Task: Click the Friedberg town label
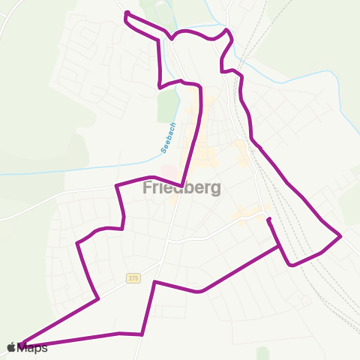point(181,188)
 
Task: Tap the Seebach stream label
point(169,138)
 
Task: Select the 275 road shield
point(133,277)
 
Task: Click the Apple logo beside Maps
point(12,347)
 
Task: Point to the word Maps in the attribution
point(33,347)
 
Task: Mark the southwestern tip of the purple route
point(21,345)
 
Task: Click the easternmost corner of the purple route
point(341,236)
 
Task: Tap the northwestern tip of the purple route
point(125,13)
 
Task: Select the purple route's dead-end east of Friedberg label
point(268,219)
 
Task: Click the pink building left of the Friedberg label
point(169,172)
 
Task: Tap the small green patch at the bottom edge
point(262,353)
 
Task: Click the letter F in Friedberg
point(148,188)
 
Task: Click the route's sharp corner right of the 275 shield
point(154,282)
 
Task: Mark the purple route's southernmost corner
point(142,334)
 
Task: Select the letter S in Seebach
point(164,151)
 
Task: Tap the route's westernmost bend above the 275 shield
point(78,243)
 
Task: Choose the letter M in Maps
point(24,347)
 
